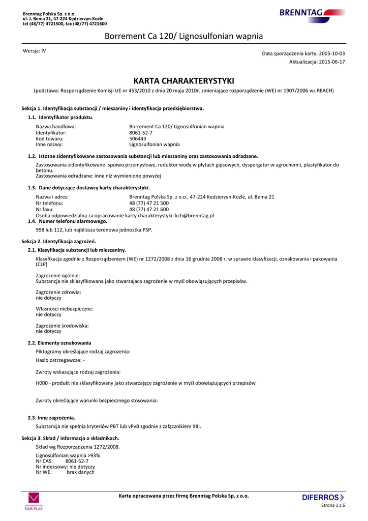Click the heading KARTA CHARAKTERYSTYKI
pos(183,81)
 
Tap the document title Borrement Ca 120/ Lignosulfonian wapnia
pos(183,36)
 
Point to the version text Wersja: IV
pos(35,51)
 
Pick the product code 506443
pos(138,138)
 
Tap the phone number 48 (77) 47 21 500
pos(149,203)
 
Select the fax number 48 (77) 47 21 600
pos(149,209)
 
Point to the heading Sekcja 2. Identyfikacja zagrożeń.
pos(59,241)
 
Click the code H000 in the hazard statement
pos(42,383)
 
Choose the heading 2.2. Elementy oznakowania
pos(59,343)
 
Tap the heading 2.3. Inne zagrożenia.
pos(52,418)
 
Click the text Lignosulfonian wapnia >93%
pos(68,455)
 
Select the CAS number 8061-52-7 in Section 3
pos(77,461)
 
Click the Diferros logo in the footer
pos(323,497)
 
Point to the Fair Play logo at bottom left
pos(34,501)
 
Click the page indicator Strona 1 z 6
pos(333,505)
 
